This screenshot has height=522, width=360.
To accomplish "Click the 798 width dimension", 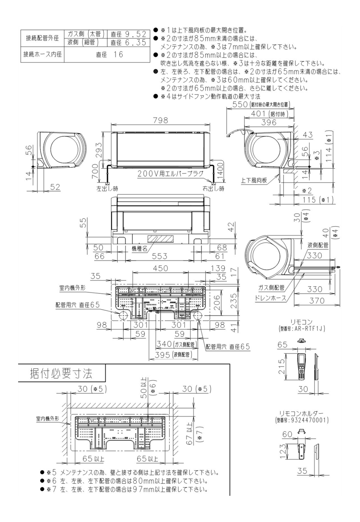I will (x=160, y=120).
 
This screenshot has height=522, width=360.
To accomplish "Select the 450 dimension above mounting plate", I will (x=160, y=268).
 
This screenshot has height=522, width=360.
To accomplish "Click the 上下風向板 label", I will (x=254, y=180).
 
